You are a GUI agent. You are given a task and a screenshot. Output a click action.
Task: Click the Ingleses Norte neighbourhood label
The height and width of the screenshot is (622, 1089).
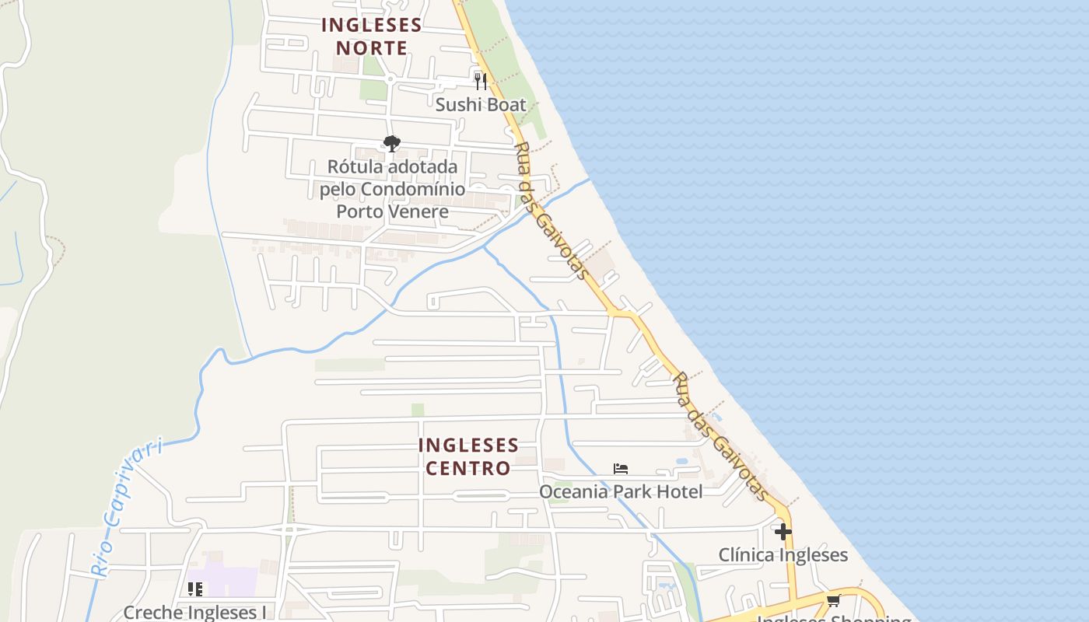372,37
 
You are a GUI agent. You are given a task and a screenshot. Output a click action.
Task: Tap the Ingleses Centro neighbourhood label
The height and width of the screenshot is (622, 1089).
468,456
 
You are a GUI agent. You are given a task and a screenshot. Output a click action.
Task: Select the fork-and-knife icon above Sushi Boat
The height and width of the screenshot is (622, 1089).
481,81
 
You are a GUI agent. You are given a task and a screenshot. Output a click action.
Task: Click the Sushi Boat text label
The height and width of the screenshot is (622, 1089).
481,105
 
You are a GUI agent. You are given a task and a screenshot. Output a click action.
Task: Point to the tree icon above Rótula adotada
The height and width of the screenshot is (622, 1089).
392,143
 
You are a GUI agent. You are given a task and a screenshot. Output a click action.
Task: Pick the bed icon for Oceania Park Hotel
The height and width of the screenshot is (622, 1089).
620,469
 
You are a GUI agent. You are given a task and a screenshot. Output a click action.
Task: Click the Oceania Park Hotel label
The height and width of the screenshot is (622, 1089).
621,491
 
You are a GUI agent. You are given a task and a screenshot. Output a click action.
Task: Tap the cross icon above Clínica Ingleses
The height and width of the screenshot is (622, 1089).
783,532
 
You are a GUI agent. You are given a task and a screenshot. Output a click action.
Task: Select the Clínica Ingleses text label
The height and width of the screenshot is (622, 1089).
783,555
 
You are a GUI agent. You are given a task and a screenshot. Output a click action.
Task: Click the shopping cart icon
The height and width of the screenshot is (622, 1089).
834,600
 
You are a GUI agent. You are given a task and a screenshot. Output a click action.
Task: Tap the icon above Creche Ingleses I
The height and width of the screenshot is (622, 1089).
194,589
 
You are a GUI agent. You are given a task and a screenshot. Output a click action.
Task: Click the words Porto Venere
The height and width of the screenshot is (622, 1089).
392,211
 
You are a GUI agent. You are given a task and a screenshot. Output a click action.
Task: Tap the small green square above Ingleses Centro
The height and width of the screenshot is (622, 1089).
418,410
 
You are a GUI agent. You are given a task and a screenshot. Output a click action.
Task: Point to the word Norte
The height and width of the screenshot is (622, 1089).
372,48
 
